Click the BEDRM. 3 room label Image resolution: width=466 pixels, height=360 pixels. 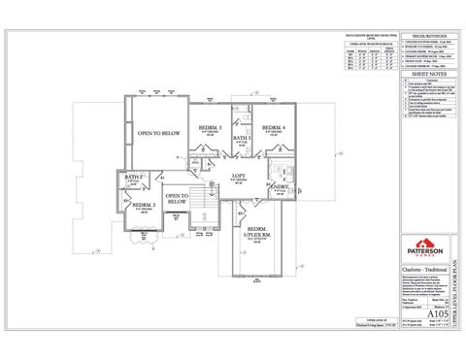pyautogui.click(x=206, y=127)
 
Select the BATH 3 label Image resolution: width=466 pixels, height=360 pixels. pyautogui.click(x=241, y=140)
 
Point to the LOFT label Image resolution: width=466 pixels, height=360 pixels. pyautogui.click(x=239, y=176)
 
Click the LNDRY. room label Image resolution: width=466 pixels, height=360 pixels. pyautogui.click(x=280, y=185)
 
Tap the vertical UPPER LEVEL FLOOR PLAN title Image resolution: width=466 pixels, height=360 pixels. pyautogui.click(x=454, y=291)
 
